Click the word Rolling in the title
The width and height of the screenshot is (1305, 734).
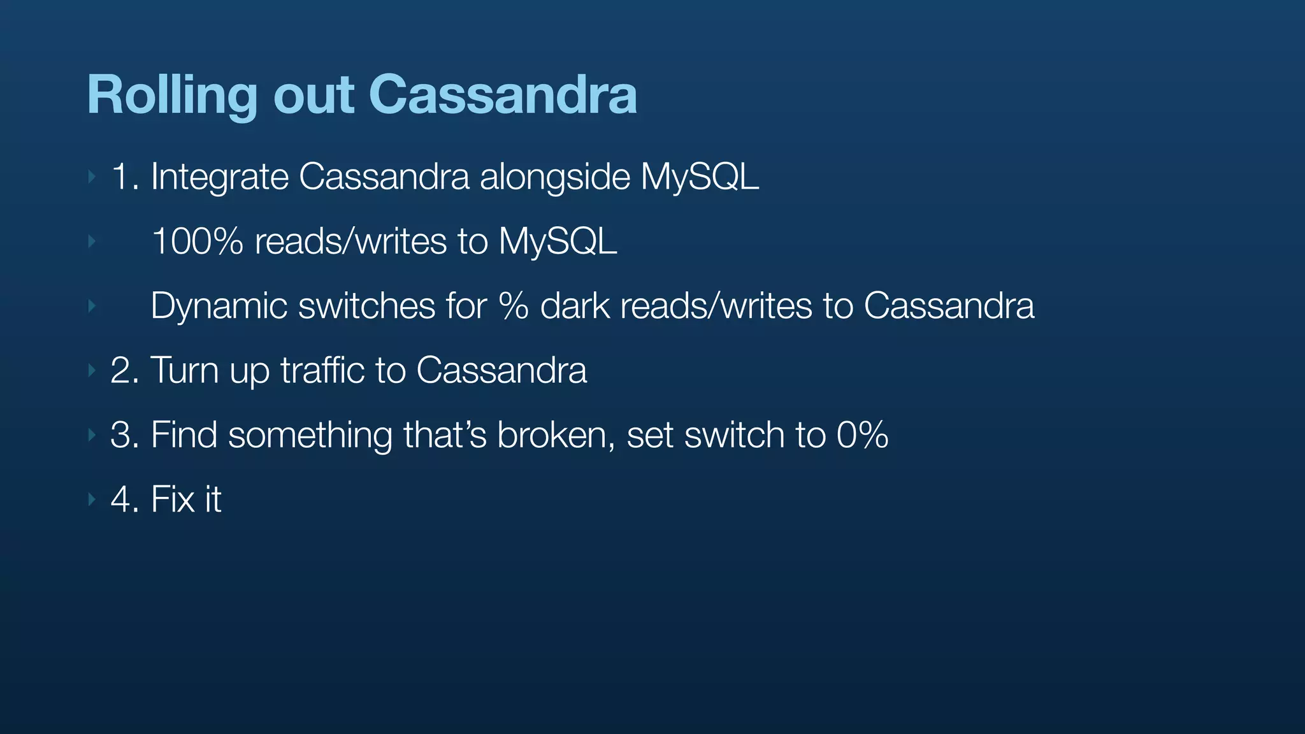click(171, 96)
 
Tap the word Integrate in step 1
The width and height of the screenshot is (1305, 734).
click(219, 177)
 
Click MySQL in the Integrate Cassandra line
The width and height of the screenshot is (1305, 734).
click(699, 177)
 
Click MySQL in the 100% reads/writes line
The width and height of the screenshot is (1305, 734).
click(558, 242)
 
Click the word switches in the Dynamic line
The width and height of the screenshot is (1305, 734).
click(366, 306)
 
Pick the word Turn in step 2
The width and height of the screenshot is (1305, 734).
click(184, 370)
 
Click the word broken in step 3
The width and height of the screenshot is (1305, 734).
click(556, 435)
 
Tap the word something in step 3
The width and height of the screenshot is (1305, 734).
click(310, 435)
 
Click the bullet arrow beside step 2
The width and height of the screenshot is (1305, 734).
click(92, 370)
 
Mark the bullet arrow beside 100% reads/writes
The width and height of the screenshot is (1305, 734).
click(92, 241)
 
